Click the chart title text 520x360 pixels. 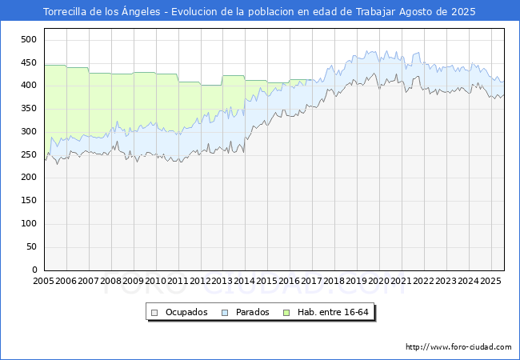[x=259, y=12]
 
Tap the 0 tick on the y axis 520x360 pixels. [x=35, y=270]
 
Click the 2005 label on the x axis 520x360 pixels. [x=44, y=282]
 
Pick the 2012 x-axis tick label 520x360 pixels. [x=200, y=282]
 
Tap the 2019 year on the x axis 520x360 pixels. [x=357, y=282]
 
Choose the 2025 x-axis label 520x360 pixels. [x=491, y=282]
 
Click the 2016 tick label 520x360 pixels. [x=290, y=282]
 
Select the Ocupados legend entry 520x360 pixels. [x=186, y=312]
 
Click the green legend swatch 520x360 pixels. [x=302, y=312]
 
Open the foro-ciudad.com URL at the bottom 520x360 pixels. [x=458, y=347]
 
